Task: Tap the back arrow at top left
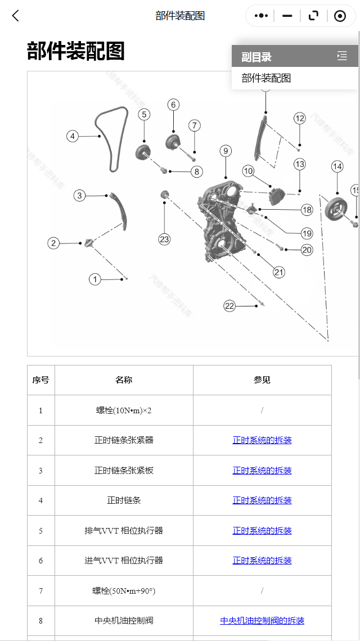point(16,16)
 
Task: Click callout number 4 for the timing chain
point(72,136)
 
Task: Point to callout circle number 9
point(226,151)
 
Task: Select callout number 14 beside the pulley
point(337,166)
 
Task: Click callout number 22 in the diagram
point(229,306)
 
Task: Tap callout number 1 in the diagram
point(95,279)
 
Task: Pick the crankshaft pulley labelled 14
point(336,210)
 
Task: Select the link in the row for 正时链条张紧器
point(262,440)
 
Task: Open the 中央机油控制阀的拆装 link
point(262,621)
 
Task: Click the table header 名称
point(124,380)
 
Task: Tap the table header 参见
point(262,380)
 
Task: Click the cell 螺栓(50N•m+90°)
point(124,591)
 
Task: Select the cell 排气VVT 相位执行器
point(124,531)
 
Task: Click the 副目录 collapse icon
point(342,56)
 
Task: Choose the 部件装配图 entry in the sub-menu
point(267,78)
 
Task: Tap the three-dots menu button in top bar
point(261,16)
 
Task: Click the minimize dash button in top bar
point(287,16)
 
